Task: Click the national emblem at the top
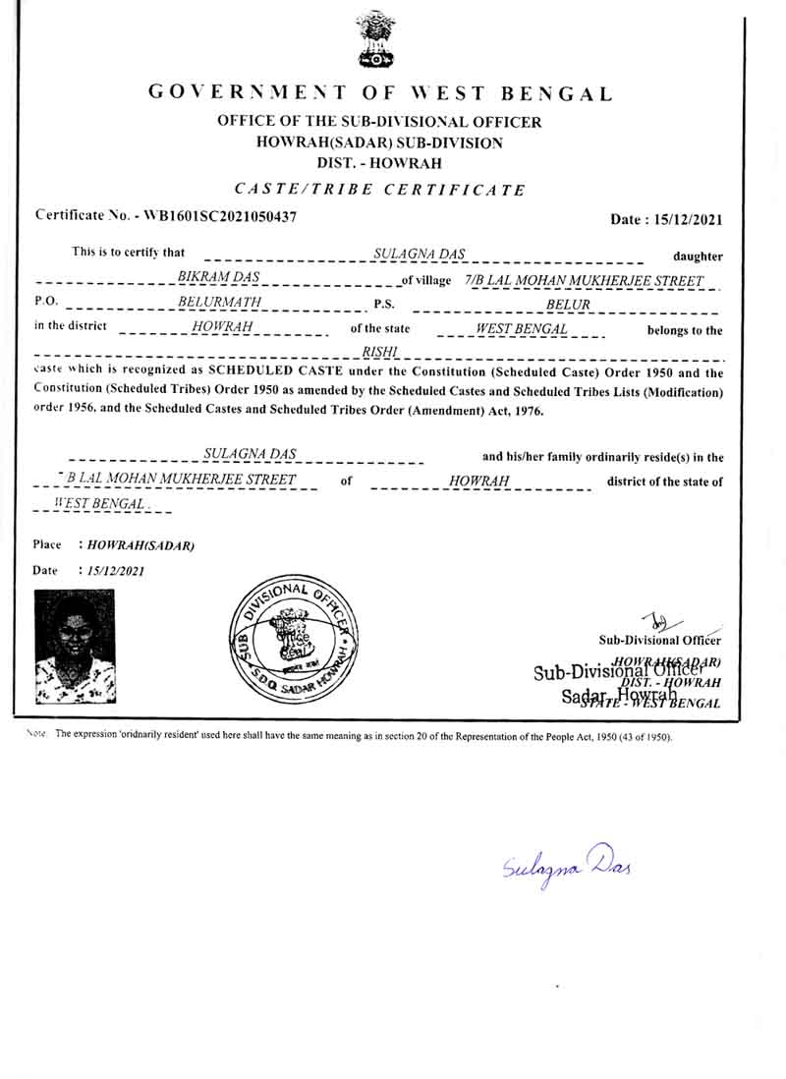375,39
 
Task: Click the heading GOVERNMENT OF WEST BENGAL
379,94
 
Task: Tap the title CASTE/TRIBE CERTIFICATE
379,189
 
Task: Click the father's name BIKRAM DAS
218,278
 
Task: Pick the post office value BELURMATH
220,304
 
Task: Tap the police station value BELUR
568,305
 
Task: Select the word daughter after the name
698,256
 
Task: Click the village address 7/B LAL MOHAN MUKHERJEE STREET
585,281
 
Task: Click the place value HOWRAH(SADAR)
140,545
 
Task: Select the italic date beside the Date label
116,570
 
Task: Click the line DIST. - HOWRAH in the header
379,163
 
